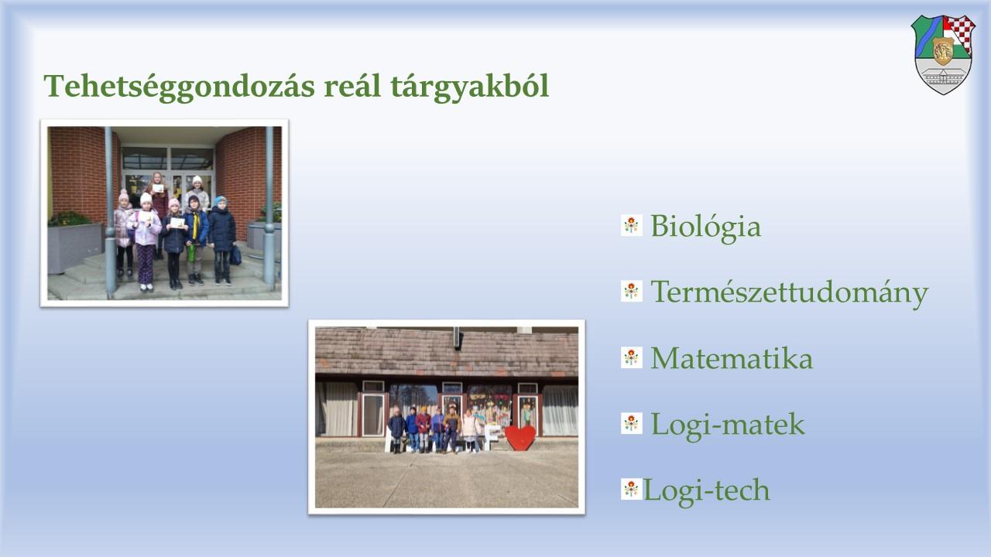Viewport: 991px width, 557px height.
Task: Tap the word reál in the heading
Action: point(352,85)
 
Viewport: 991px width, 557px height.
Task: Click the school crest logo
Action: point(943,54)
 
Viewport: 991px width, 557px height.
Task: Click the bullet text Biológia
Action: point(705,227)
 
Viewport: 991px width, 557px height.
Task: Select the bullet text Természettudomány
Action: point(789,293)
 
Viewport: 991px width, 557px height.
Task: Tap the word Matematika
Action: point(732,358)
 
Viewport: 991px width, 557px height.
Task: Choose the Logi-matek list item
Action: point(728,425)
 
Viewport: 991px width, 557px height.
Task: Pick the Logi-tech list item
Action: point(706,490)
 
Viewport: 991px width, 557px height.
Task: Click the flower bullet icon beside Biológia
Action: point(631,225)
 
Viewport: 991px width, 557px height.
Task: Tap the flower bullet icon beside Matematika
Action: point(631,357)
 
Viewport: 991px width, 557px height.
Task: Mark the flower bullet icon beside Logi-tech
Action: point(631,490)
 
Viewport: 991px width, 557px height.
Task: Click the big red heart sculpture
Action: point(520,438)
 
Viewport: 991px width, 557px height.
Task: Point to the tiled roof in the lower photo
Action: point(447,352)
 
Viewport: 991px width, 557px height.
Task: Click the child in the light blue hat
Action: point(221,240)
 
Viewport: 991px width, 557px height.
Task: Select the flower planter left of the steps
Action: point(75,242)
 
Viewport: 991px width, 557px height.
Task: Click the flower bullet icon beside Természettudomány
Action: point(631,292)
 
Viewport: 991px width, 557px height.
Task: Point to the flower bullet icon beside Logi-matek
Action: point(631,423)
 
